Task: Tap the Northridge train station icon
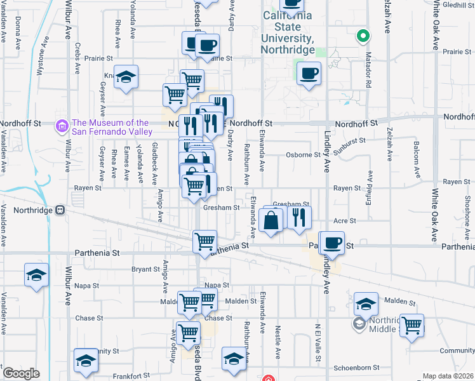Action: [60, 210]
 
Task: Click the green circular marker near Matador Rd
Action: [363, 36]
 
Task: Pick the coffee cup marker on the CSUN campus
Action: [309, 74]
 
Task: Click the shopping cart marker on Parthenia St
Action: [204, 242]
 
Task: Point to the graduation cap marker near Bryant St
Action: [37, 276]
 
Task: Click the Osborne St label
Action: [303, 154]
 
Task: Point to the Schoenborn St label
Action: [356, 368]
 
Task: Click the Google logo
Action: [21, 373]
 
